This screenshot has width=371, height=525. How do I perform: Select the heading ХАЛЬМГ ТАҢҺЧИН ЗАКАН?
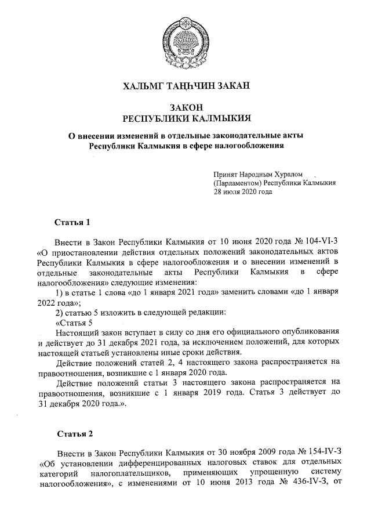(185, 87)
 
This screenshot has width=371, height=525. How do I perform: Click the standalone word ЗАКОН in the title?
(185, 107)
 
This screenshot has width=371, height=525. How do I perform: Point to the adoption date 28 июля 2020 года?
(243, 191)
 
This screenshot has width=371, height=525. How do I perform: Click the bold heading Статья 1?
(72, 222)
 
